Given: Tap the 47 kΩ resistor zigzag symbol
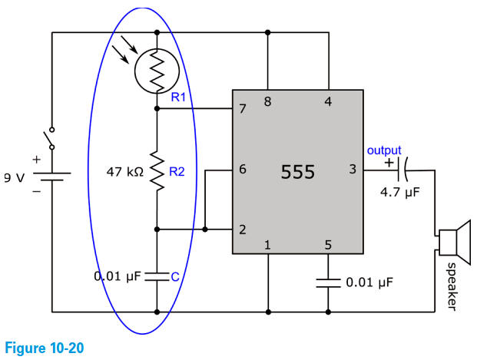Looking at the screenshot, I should coord(157,171).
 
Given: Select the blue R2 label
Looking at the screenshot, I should coord(177,171).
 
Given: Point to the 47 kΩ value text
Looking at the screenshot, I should coord(124,172).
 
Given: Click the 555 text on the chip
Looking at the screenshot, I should coord(298,171).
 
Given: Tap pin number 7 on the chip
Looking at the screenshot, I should coord(243,109).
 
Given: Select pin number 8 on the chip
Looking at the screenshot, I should coord(267,101).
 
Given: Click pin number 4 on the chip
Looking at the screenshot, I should coord(328,101).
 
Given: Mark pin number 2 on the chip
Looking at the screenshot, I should coord(243,229).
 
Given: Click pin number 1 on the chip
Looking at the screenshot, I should coord(267,246).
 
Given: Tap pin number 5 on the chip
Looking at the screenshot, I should coord(328,246).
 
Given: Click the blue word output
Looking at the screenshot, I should coord(384,150).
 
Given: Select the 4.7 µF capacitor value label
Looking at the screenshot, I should coord(400,192).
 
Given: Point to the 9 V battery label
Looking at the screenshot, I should coord(13,177).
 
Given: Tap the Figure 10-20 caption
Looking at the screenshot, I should coord(43,348).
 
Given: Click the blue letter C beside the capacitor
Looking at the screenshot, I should coord(174,276).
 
